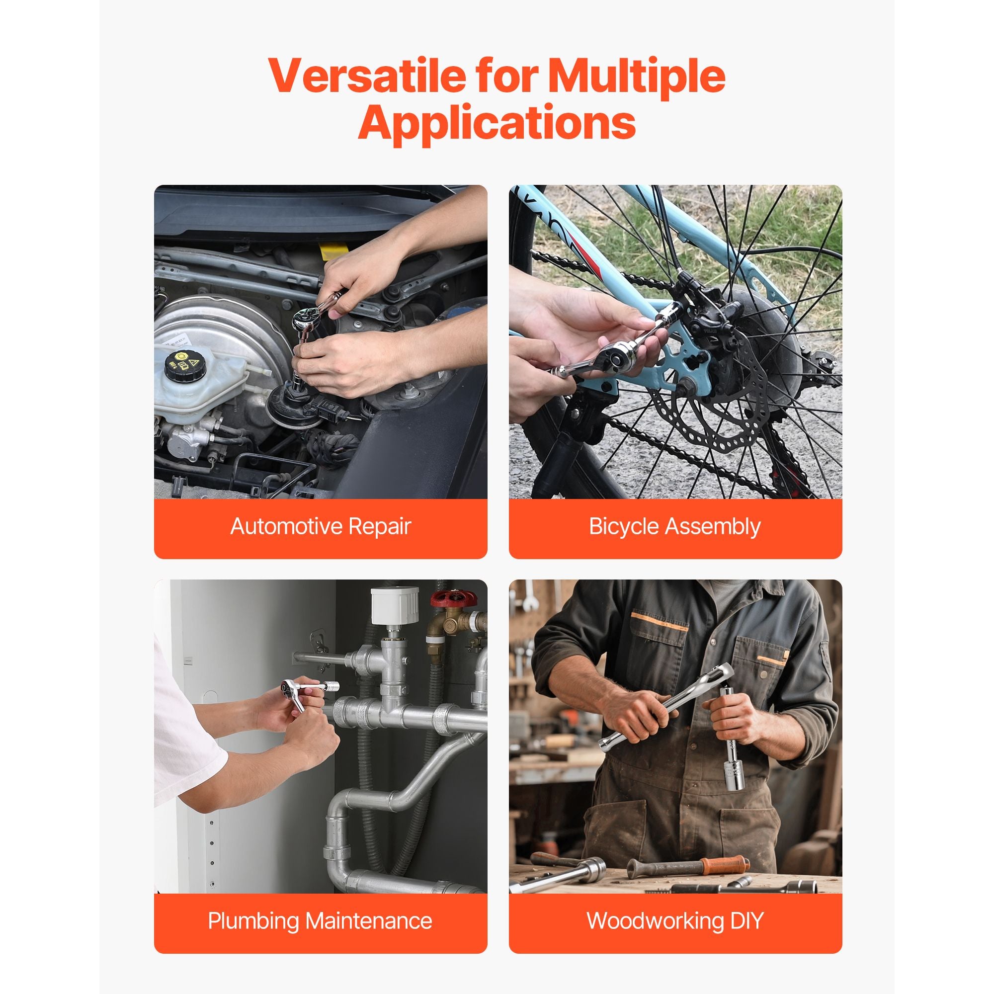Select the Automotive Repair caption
click(321, 526)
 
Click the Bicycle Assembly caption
click(674, 527)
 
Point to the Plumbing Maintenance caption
click(320, 920)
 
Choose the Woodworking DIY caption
click(675, 920)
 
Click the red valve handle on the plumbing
click(454, 599)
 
